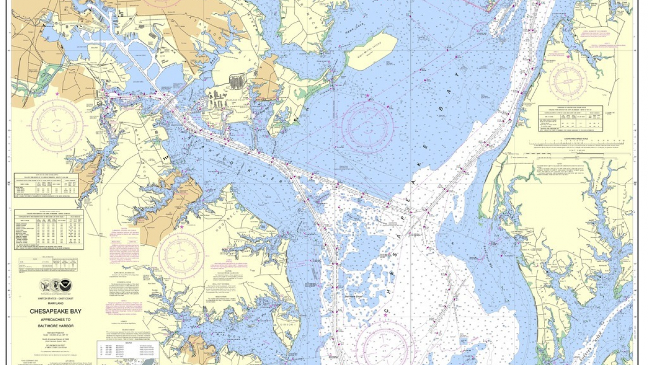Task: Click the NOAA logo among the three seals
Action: click(x=66, y=286)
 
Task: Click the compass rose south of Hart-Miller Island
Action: click(x=367, y=127)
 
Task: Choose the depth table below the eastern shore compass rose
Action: click(x=570, y=119)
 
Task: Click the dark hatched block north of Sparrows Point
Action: click(x=236, y=81)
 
